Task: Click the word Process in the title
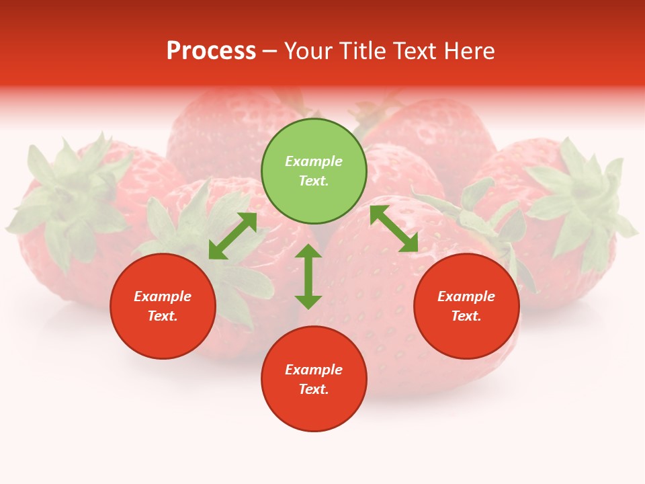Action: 211,51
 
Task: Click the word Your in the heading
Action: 310,51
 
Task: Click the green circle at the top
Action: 314,195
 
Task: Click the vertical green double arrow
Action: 308,276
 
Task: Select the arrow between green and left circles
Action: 232,236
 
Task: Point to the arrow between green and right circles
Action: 394,229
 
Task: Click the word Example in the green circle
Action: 314,161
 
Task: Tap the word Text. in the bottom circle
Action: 314,389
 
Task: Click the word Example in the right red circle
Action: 466,296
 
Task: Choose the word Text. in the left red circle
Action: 163,316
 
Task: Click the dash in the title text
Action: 269,52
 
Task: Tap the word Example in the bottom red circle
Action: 314,370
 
